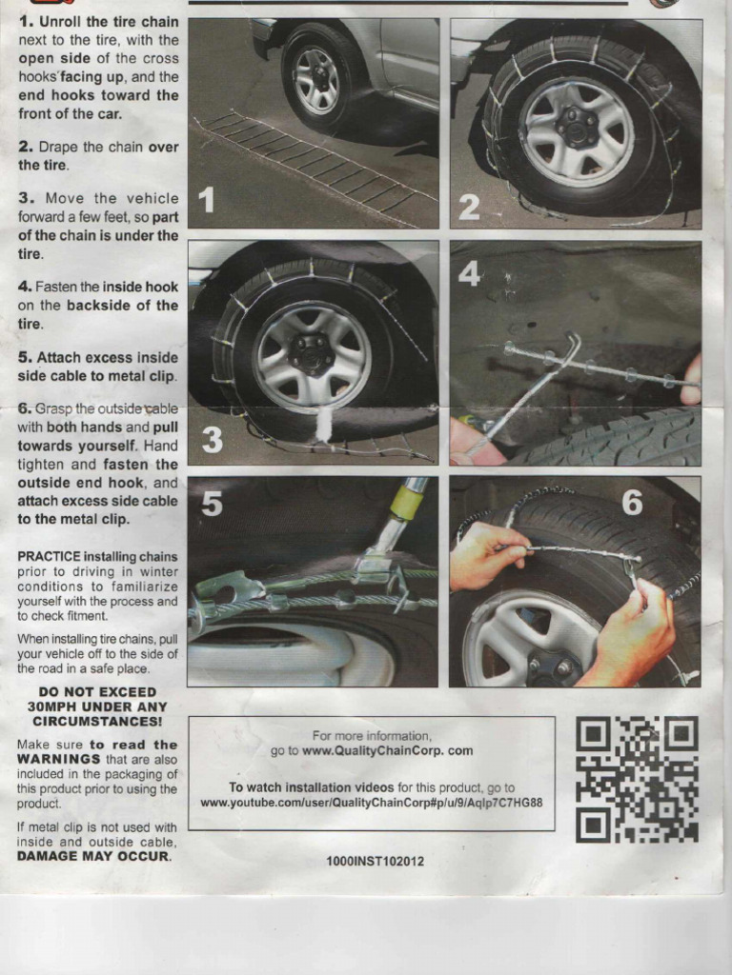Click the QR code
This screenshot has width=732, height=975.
coord(637,779)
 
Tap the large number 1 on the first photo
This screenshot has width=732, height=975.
coord(207,201)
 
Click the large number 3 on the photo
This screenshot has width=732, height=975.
coord(212,439)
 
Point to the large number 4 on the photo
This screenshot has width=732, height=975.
coord(469,273)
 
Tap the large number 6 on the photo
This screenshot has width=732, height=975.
coord(632,502)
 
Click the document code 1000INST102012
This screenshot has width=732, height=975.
coord(375,861)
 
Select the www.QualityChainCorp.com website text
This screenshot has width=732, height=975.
coord(387,750)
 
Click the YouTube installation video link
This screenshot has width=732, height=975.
coord(371,803)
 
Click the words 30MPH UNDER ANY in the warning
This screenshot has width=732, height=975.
coord(97,707)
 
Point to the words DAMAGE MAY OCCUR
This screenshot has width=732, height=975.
coord(93,856)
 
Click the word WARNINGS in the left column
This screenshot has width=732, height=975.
coord(59,759)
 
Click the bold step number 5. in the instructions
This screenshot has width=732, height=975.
coord(26,357)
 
